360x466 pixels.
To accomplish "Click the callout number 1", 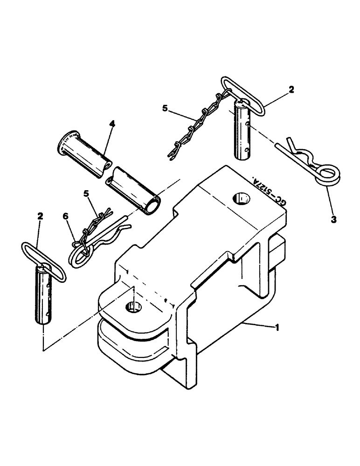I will [278, 328].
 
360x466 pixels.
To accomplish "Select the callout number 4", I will [111, 124].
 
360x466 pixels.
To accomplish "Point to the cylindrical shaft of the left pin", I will [43, 299].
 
